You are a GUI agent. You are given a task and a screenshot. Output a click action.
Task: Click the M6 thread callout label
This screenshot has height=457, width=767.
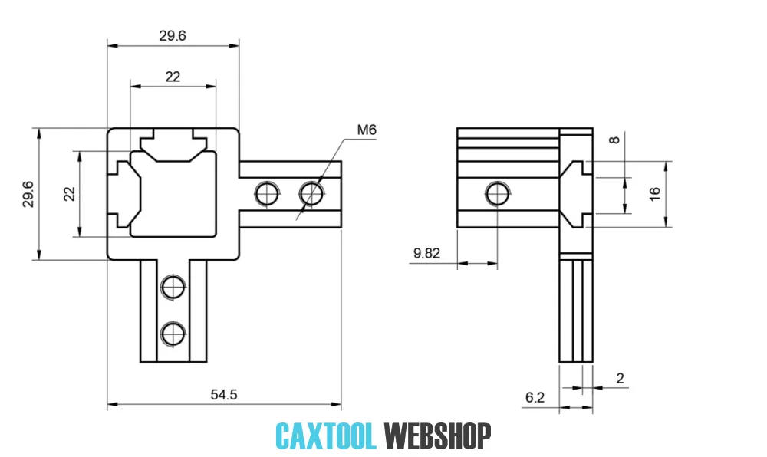coord(367,130)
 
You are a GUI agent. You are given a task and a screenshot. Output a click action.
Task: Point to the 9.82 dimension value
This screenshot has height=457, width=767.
coord(426,253)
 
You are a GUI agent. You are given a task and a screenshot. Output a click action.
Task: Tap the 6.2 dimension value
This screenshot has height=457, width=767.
coord(535,397)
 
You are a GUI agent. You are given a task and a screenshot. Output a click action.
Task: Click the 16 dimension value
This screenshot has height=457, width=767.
coord(653,194)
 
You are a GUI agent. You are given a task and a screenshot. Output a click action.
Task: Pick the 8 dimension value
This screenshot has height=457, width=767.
coord(613,140)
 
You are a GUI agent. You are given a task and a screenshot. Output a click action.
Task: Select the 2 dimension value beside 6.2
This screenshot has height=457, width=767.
coord(620,378)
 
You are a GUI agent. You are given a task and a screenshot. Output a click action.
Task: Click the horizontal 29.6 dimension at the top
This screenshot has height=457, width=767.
coord(173,35)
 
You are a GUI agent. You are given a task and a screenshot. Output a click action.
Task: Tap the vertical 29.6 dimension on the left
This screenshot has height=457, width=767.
coord(28,194)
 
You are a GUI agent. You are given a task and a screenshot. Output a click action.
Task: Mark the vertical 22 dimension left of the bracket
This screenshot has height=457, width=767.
coord(69,194)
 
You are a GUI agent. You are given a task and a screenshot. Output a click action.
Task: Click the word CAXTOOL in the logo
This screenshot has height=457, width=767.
coord(326,436)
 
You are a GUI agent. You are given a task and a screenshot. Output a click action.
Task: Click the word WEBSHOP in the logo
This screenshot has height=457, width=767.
coord(437,436)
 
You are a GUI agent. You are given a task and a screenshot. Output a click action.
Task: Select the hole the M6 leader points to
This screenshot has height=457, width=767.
coord(311,192)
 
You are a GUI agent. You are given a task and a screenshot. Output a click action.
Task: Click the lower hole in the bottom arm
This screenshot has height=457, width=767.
coord(173,333)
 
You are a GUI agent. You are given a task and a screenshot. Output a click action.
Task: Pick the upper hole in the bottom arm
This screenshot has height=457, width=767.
coord(173,287)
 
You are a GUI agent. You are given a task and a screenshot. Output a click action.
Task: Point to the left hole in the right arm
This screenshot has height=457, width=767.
coord(267,192)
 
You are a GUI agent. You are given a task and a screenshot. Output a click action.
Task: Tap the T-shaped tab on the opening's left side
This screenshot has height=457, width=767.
coord(124,193)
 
